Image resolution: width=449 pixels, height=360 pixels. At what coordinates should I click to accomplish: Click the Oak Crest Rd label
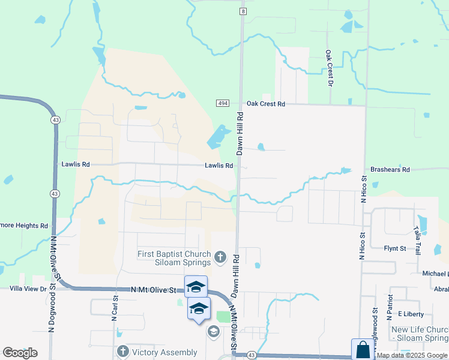click(x=265, y=104)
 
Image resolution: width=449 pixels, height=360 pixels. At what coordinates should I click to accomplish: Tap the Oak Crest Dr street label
click(x=330, y=68)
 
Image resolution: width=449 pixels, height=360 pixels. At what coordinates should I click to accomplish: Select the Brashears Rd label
click(x=390, y=170)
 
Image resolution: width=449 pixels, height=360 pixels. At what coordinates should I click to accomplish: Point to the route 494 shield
click(x=223, y=104)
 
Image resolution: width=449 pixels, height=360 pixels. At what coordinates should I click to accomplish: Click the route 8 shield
click(x=243, y=11)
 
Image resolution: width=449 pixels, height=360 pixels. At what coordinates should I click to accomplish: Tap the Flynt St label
click(x=395, y=248)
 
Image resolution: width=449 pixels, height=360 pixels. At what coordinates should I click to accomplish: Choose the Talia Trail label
click(x=416, y=240)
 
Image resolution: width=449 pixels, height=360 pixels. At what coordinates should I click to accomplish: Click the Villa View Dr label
click(x=28, y=289)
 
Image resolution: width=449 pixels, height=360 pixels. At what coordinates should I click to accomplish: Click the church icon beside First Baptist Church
click(x=220, y=258)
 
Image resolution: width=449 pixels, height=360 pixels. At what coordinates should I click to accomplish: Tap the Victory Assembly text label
click(x=165, y=352)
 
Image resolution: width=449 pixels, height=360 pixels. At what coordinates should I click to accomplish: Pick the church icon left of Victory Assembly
click(x=123, y=352)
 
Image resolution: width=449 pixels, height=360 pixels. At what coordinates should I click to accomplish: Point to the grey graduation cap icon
click(x=213, y=331)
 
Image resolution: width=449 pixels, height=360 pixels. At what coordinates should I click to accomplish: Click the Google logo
click(x=20, y=353)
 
